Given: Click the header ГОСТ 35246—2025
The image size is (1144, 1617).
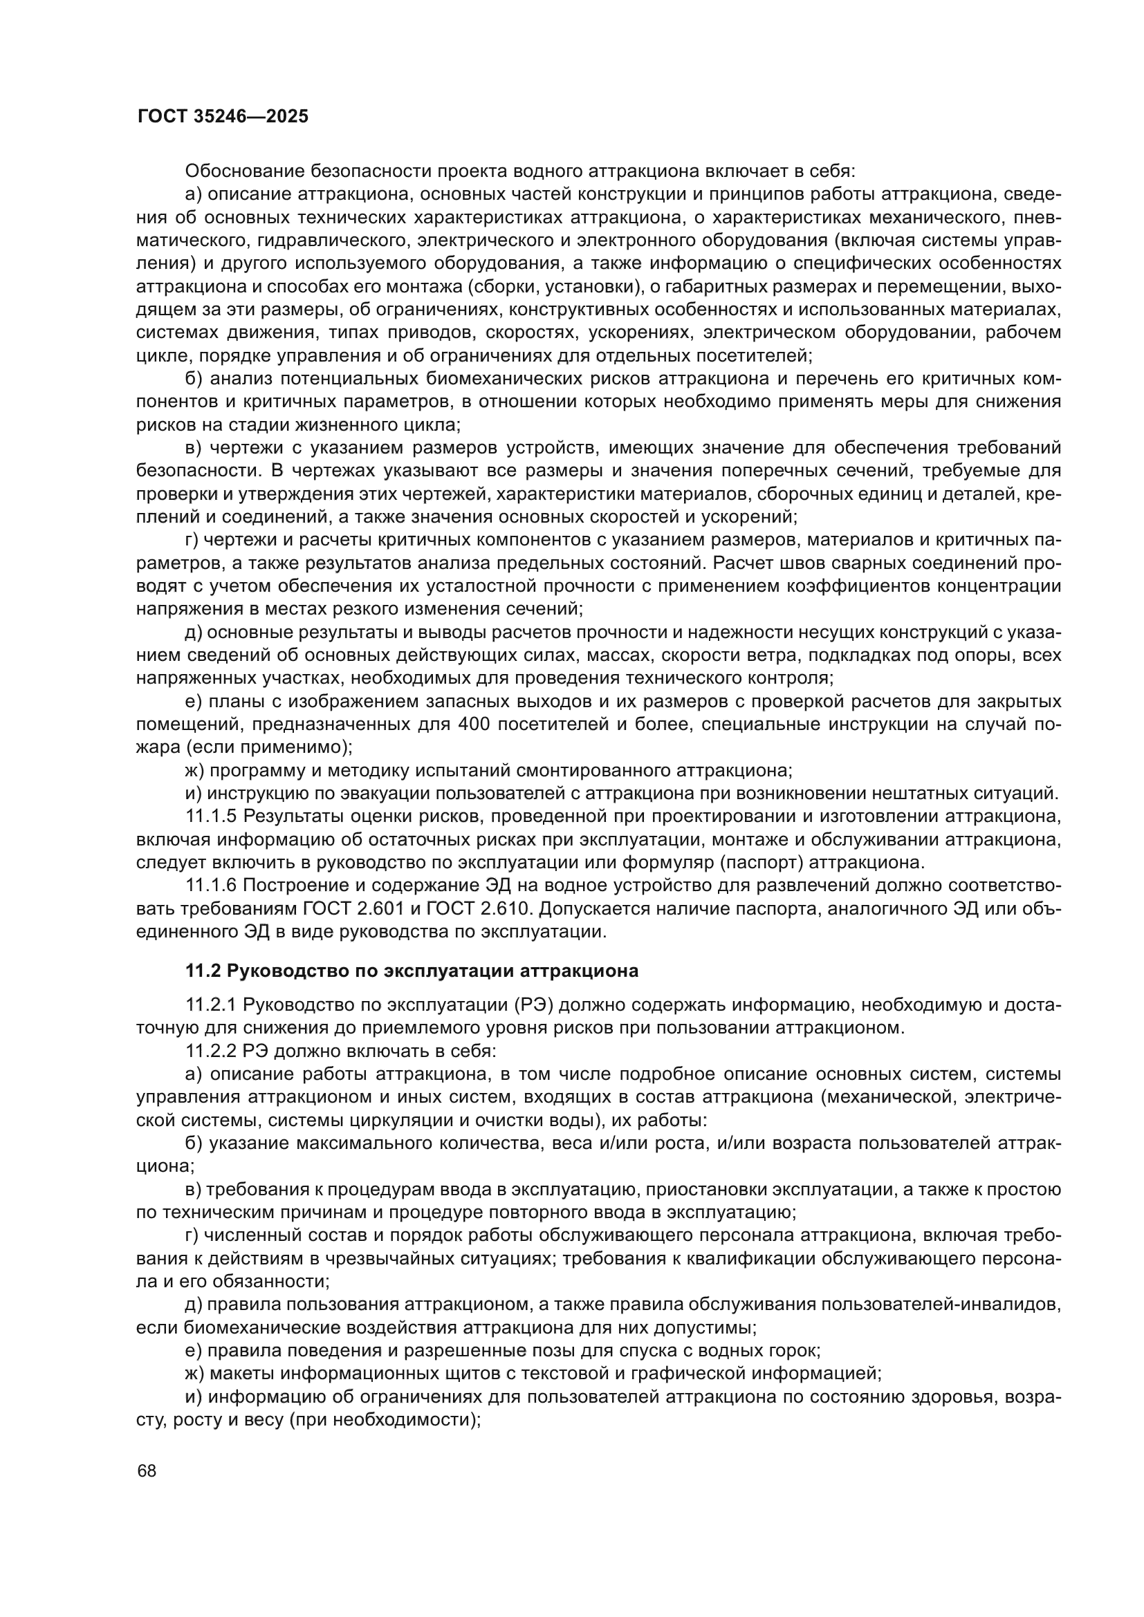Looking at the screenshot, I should pos(223,117).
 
